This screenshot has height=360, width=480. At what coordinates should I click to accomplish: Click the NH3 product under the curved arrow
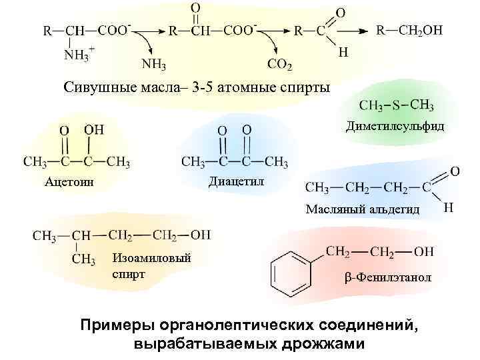tap(155, 64)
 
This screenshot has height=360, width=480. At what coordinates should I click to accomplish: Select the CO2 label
tap(279, 64)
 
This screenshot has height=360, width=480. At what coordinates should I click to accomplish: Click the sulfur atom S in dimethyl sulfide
tap(396, 105)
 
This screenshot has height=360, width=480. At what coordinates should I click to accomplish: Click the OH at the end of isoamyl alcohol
tap(200, 235)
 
